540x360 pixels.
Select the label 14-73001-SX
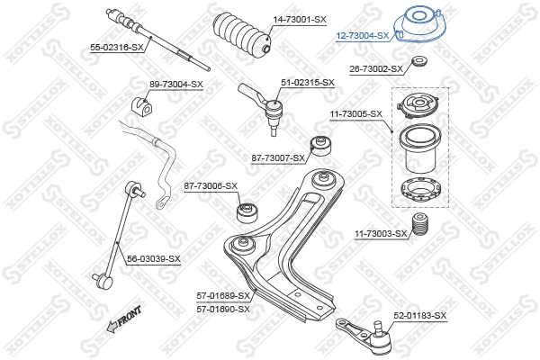300,19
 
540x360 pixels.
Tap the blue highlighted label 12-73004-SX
362,36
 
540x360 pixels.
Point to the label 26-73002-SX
375,68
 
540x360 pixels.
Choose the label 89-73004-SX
176,84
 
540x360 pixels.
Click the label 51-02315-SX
308,82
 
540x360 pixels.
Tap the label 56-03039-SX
153,259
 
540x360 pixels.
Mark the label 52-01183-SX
419,316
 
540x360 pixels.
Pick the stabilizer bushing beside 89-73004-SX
139,99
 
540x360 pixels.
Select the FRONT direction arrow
123,319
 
